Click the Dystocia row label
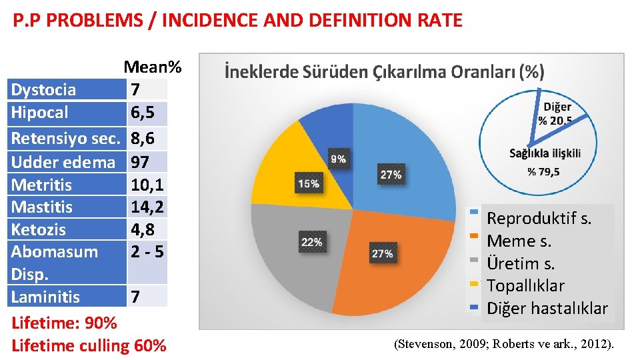click(x=44, y=90)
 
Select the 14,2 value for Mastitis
click(x=147, y=207)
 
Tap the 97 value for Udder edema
click(x=141, y=162)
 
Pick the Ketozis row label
click(x=39, y=230)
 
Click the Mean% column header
click(x=152, y=67)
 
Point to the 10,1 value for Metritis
click(x=147, y=185)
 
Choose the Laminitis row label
click(x=45, y=297)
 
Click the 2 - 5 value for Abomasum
click(x=147, y=252)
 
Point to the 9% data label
click(x=338, y=159)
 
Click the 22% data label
click(x=311, y=242)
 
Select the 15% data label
click(x=308, y=183)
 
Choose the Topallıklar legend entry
click(x=525, y=286)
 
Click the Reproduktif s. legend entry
click(x=539, y=219)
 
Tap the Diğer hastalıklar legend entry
click(x=547, y=309)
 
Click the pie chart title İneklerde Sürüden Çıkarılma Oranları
click(x=384, y=71)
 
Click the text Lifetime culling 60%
click(x=89, y=346)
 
